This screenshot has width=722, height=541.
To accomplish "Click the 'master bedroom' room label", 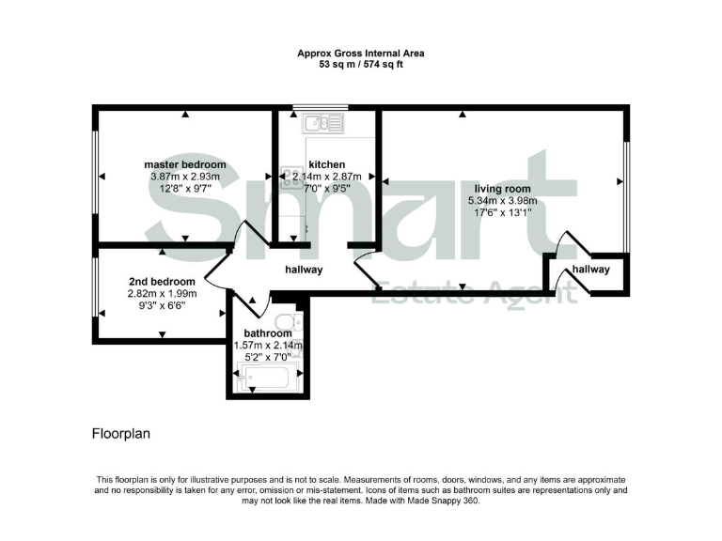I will tap(184, 164).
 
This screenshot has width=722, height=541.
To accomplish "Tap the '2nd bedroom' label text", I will tap(162, 282).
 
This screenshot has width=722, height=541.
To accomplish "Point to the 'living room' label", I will tap(505, 188).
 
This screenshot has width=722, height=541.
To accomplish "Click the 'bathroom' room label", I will tap(268, 333).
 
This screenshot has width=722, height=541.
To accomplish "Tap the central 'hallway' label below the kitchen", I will tap(304, 270).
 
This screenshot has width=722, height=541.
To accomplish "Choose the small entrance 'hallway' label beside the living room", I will tap(591, 270).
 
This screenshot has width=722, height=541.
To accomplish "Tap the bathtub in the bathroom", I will tap(268, 379).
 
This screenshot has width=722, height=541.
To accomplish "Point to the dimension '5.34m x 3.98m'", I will tap(505, 200).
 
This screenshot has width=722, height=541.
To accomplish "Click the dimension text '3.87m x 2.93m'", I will tap(184, 177).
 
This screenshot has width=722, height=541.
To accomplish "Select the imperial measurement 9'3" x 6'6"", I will tap(162, 305).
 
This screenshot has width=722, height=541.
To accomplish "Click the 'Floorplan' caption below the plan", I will tap(120, 434).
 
